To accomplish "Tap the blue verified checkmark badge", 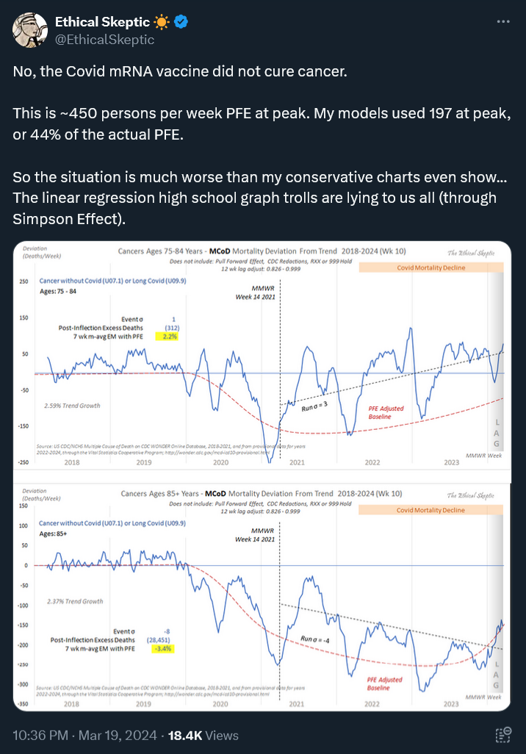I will pyautogui.click(x=181, y=22).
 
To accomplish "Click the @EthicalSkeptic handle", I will pyautogui.click(x=104, y=40).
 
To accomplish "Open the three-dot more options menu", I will pyautogui.click(x=503, y=22).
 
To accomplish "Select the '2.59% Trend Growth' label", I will pyautogui.click(x=72, y=406).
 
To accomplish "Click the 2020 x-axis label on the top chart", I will pyautogui.click(x=220, y=462).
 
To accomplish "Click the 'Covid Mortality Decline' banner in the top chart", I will pyautogui.click(x=431, y=268).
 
